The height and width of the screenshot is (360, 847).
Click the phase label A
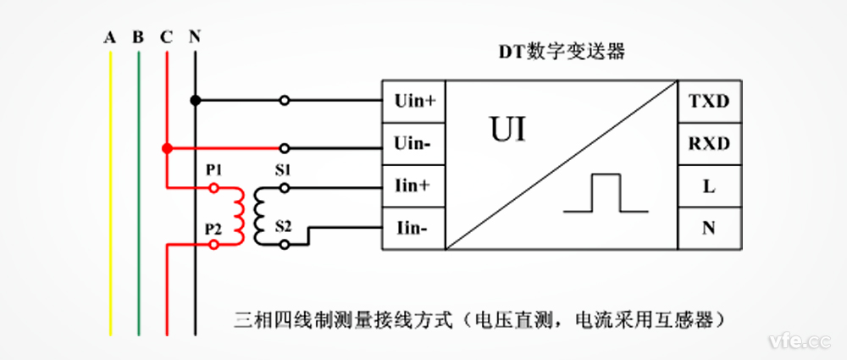click(109, 37)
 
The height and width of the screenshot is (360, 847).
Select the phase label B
click(137, 37)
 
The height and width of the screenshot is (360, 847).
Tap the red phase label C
click(166, 37)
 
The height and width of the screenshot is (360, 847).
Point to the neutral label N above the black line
click(195, 37)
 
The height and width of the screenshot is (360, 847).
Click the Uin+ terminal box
click(414, 102)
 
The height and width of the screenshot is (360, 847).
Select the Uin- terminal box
click(414, 144)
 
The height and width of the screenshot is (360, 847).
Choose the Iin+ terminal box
click(414, 186)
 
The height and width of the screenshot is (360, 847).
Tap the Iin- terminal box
click(414, 229)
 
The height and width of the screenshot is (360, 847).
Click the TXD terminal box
click(708, 102)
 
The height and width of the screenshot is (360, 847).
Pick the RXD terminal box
click(708, 144)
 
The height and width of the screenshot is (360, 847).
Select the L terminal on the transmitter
click(708, 186)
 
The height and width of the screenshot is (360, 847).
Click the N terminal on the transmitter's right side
click(708, 229)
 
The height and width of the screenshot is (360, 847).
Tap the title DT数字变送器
click(560, 52)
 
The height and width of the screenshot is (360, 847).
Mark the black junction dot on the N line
click(195, 100)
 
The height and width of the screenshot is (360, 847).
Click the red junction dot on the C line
click(167, 148)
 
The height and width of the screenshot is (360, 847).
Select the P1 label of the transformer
click(213, 170)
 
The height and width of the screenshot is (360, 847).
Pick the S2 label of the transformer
click(283, 227)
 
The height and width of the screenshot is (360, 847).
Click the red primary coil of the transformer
click(239, 215)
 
